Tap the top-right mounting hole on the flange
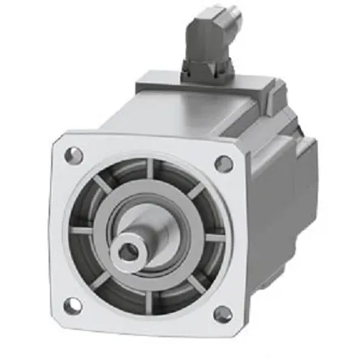click(x=225, y=164)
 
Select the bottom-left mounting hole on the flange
click(x=71, y=305)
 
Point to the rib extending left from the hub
click(x=81, y=230)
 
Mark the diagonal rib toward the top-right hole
click(x=195, y=191)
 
